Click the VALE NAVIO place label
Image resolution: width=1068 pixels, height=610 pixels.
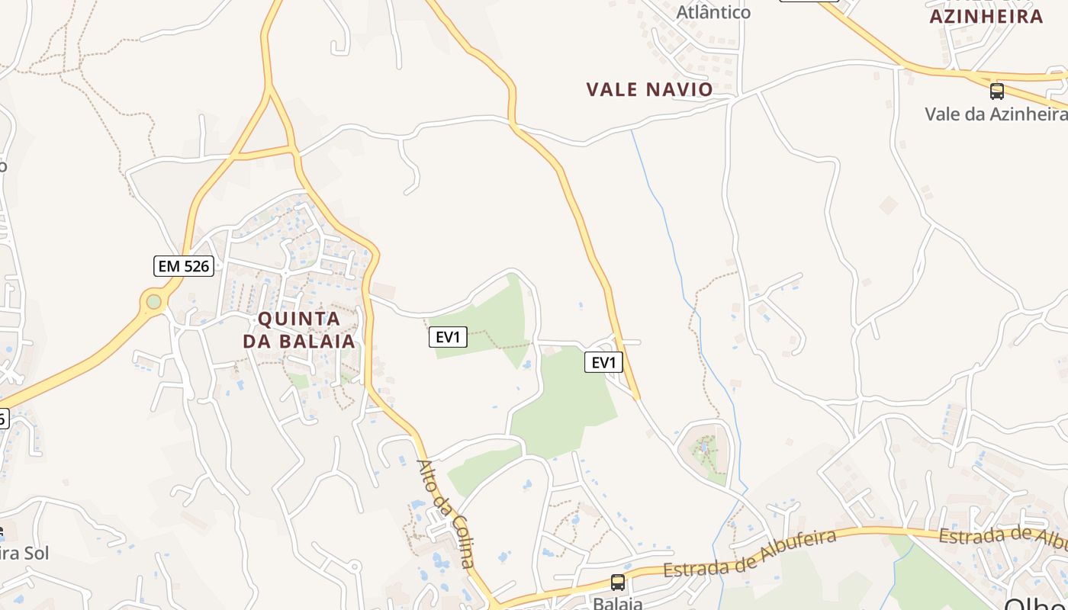649,89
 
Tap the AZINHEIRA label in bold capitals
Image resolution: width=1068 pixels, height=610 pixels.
986,16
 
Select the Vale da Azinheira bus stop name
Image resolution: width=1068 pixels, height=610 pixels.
996,114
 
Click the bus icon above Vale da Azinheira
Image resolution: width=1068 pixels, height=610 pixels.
996,91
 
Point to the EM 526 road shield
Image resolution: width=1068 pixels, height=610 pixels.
183,265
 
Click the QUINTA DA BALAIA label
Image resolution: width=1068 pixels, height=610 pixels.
299,329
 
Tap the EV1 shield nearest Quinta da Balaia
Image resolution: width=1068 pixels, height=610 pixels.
448,336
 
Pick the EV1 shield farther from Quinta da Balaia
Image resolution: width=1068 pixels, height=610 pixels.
603,362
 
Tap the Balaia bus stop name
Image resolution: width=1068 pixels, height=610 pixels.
618,603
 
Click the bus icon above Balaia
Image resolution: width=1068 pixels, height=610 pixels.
618,583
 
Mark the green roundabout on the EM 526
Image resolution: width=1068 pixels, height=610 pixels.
154,302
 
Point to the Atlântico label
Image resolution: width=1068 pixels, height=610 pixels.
713,11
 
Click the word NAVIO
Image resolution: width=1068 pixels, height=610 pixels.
679,89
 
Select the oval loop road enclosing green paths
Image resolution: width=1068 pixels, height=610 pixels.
704,451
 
